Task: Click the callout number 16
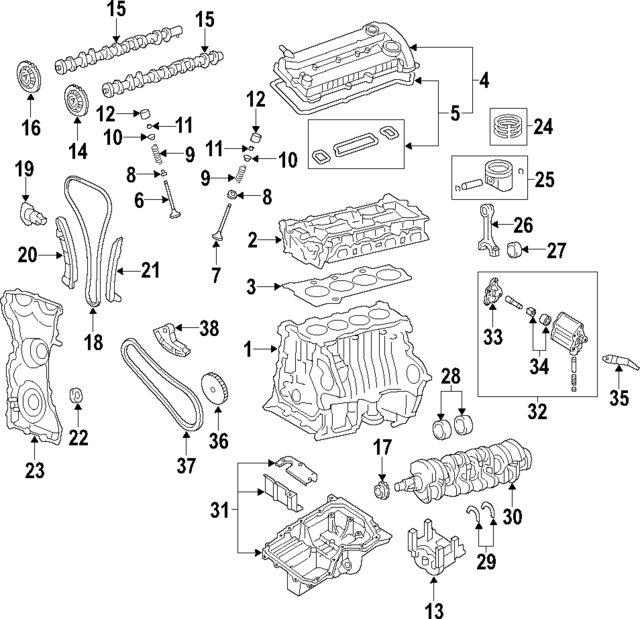tap(29, 127)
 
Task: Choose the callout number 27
tap(555, 249)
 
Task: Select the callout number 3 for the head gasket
tap(251, 288)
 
